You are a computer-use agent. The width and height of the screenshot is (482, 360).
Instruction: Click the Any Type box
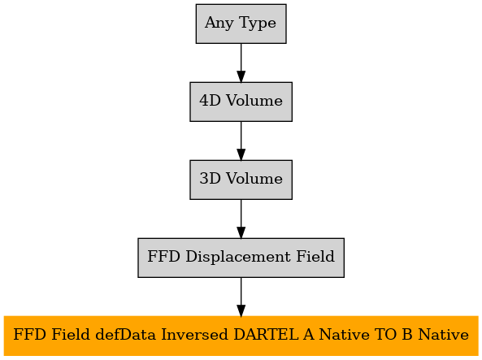coord(241,24)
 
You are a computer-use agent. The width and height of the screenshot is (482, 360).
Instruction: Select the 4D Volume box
coord(241,102)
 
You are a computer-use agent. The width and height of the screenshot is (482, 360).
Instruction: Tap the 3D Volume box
coord(241,180)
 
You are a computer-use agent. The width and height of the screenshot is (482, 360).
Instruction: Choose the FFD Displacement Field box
coord(241,258)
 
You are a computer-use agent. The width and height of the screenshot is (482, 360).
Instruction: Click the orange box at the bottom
coord(241,336)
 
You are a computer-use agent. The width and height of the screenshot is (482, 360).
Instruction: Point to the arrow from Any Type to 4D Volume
coord(241,63)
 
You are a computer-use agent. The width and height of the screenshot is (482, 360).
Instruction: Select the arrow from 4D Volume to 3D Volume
coord(241,141)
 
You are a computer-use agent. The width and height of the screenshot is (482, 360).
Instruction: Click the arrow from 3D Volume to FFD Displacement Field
coord(241,219)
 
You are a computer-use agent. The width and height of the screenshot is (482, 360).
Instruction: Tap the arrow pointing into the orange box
coord(241,297)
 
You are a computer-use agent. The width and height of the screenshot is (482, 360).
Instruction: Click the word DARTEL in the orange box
coord(266,335)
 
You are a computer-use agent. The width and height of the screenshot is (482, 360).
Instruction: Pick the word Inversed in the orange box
coord(194,335)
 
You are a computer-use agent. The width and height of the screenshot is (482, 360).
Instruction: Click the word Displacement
coord(238,257)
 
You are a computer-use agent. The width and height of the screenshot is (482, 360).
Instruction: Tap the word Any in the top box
coord(219,24)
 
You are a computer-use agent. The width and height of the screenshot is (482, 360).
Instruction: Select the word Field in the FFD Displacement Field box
coord(315,257)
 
